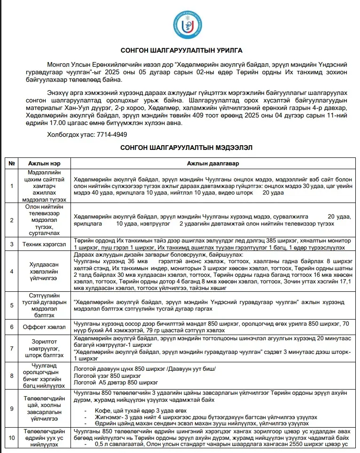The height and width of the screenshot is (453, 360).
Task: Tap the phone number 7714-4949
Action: coord(112,134)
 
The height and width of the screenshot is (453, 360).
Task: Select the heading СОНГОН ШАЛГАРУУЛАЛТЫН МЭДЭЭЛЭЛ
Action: coord(186,148)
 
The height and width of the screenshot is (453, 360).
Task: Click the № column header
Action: coord(11,163)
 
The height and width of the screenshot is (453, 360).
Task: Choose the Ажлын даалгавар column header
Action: coord(213,163)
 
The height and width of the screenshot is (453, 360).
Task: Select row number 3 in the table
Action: coord(11,244)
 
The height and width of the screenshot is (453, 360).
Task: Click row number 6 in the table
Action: coord(11,326)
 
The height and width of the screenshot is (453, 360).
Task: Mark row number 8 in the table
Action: coord(11,375)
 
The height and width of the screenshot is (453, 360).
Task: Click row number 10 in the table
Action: coord(11,437)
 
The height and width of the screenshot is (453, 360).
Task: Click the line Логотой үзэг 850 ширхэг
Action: coord(108,375)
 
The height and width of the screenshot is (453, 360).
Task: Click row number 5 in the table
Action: coord(11,305)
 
